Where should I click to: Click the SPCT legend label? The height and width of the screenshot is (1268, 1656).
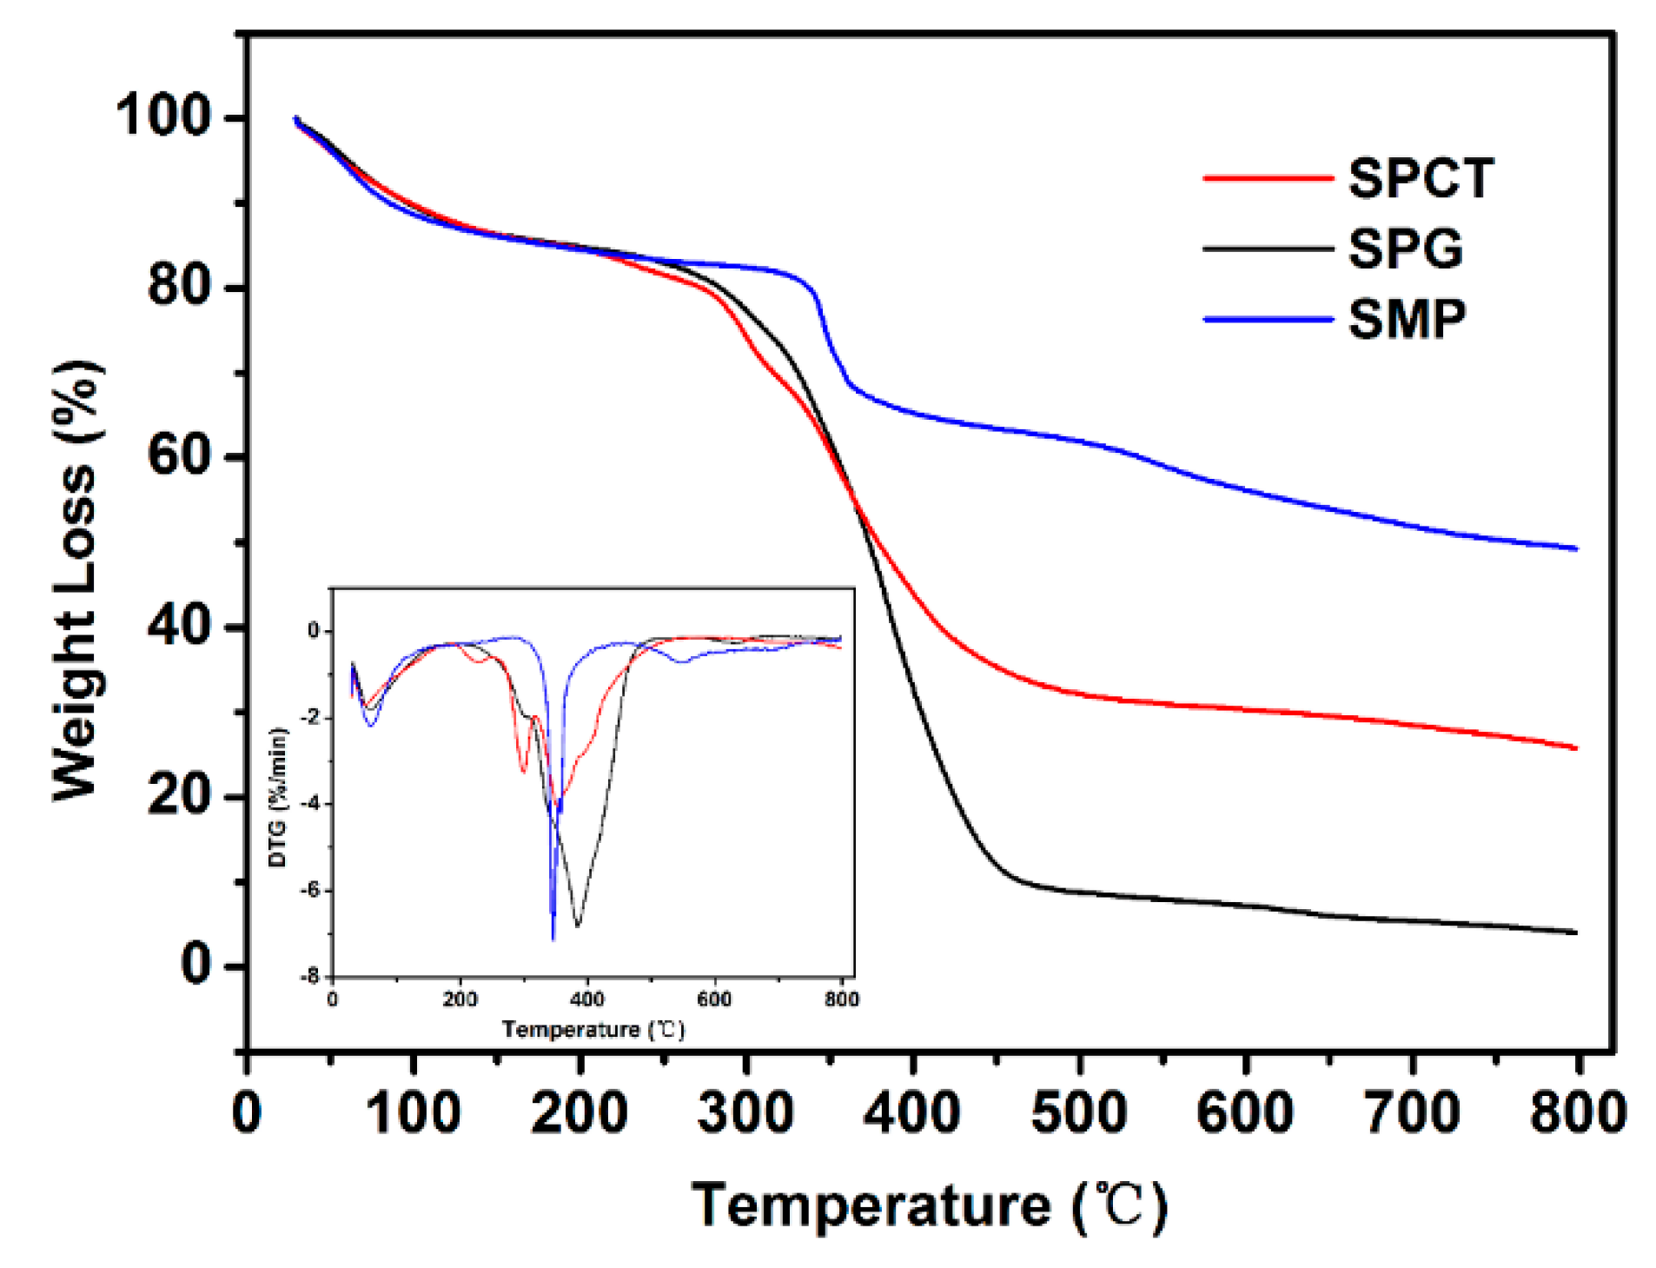coord(1420,178)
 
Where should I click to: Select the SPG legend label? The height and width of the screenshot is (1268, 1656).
coord(1405,249)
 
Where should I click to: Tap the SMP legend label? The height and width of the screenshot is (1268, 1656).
coord(1407,319)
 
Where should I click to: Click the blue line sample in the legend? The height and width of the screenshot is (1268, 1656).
coord(1268,319)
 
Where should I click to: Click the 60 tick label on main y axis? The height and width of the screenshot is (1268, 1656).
coord(179,455)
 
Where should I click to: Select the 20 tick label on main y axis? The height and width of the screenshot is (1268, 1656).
coord(179,794)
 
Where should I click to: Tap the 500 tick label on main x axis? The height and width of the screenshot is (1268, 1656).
coord(1078,1112)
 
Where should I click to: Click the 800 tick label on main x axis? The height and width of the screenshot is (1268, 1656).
coord(1577,1112)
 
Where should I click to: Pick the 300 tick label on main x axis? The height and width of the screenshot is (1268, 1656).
coord(745,1112)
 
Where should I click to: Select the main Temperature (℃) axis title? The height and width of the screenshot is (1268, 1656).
coord(929,1206)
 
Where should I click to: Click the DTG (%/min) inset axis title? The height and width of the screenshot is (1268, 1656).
coord(277,798)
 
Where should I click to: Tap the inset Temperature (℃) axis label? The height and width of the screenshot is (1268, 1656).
coord(593,1030)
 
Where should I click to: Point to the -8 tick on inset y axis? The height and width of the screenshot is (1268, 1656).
coord(310,977)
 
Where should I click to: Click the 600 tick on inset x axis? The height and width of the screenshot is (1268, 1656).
coord(714,999)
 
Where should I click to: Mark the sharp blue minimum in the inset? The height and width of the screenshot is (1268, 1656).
coord(553,939)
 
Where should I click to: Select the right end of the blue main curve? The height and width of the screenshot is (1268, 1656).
coord(1575,548)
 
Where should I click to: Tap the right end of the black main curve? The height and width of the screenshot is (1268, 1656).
coord(1575,933)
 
